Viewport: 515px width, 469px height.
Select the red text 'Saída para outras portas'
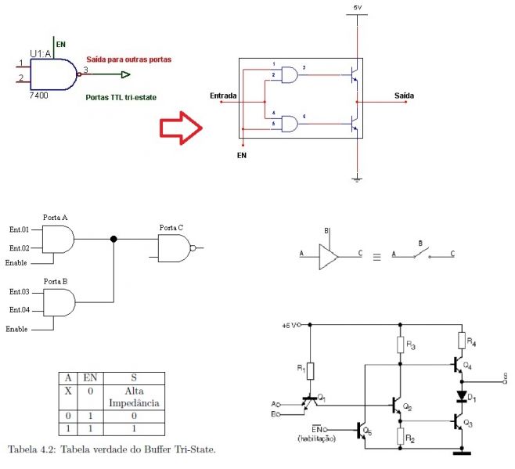(x=128, y=60)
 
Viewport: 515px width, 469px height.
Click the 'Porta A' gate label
(x=56, y=215)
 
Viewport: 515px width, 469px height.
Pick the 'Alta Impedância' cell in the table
(x=142, y=396)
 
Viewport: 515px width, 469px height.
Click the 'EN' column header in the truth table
(x=90, y=377)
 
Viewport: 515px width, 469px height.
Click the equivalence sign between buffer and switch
(x=376, y=256)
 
